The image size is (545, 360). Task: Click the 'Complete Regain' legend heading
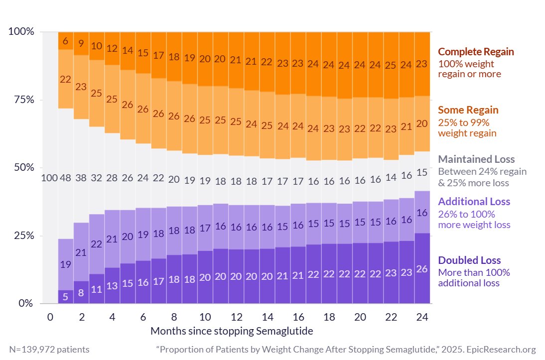(x=475, y=52)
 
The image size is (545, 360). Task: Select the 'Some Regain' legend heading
(x=468, y=110)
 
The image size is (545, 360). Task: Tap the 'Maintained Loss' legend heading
(x=476, y=159)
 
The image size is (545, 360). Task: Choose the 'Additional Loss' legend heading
(x=474, y=202)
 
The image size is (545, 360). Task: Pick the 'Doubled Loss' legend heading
(x=469, y=260)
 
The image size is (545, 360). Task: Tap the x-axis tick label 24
(x=421, y=317)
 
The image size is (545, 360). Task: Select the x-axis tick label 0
(x=50, y=317)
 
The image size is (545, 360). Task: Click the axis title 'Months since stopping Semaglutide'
(x=232, y=331)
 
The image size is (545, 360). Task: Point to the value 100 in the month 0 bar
(x=50, y=178)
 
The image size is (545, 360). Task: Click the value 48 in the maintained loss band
(x=66, y=178)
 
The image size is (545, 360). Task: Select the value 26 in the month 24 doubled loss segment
(x=421, y=269)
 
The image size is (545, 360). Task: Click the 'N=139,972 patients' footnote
(x=49, y=350)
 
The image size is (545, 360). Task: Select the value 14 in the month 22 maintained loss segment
(x=391, y=177)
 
